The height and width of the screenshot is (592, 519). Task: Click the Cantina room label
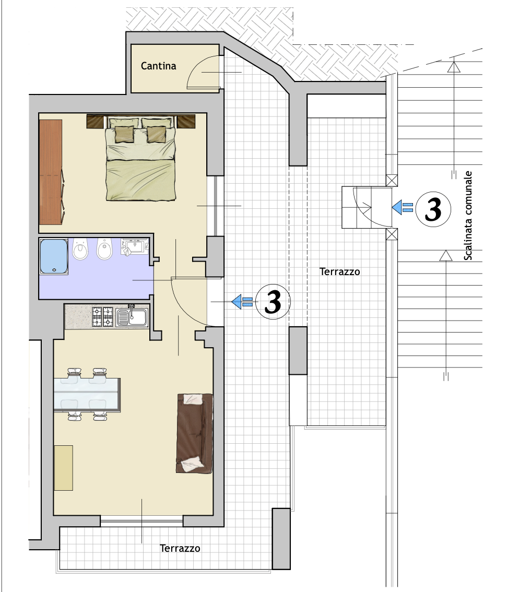[x=158, y=66]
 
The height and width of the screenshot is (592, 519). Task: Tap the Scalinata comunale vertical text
[x=468, y=216]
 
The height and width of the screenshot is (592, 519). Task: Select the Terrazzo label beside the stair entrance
[x=339, y=271]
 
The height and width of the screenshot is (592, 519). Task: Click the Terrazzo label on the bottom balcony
[x=180, y=548]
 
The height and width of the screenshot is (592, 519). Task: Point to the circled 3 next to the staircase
[x=433, y=209]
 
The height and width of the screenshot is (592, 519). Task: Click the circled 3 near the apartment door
[x=273, y=302]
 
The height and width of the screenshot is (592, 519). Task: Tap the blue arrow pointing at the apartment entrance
[x=242, y=302]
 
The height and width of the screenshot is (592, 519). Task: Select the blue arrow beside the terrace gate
[x=402, y=207]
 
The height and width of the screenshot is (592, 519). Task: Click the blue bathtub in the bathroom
[x=54, y=256]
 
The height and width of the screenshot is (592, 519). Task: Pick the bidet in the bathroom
[x=104, y=249]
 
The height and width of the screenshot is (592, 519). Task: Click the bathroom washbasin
[x=135, y=246]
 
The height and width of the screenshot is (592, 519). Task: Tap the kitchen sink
[x=132, y=316]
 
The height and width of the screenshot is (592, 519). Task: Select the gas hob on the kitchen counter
[x=103, y=316]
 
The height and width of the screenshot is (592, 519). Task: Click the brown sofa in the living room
[x=194, y=433]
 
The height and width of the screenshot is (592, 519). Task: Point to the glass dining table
[x=87, y=395]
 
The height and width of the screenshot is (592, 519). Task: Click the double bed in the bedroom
[x=140, y=158]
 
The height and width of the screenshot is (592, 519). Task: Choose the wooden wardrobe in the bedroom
[x=51, y=172]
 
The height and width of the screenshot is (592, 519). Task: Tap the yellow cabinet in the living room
[x=64, y=468]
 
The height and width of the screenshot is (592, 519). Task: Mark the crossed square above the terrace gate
[x=392, y=181]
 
